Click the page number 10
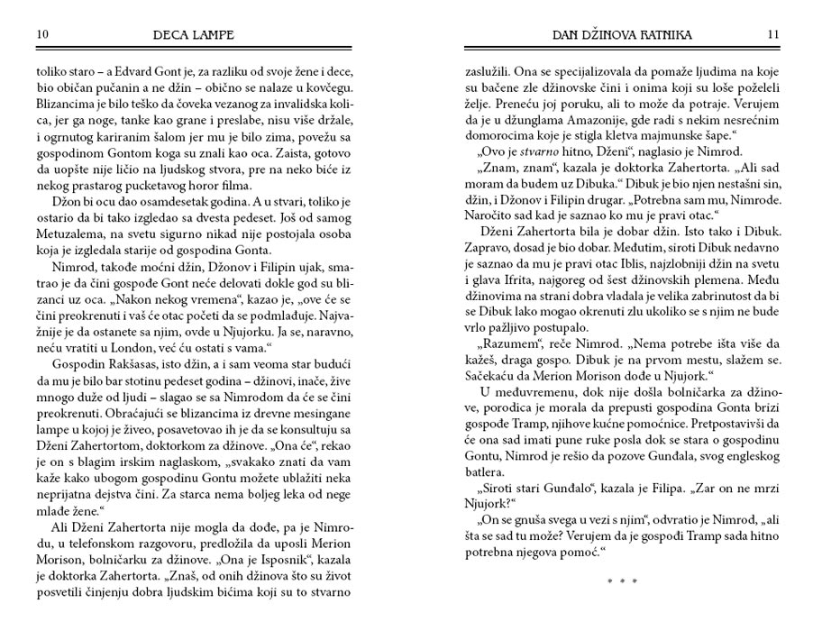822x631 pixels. pos(42,34)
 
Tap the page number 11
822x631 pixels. pos(773,34)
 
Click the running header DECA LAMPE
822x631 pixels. pos(195,34)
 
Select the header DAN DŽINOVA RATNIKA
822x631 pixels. pos(622,34)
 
